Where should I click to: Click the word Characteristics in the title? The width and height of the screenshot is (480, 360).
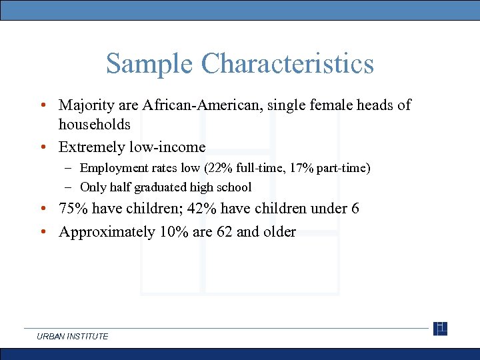click(287, 64)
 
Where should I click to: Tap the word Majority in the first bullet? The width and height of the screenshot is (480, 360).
click(85, 105)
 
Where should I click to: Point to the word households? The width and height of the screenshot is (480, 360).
click(94, 125)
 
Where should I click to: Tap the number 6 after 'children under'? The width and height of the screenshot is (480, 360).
click(355, 209)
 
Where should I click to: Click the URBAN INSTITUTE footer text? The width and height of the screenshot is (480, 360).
click(73, 337)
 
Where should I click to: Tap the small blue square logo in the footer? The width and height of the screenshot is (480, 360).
click(440, 329)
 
